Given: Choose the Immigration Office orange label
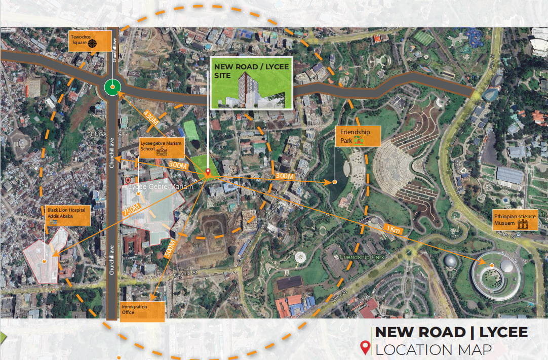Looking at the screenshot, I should tap(142, 311).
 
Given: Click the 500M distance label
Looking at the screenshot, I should tap(170, 249).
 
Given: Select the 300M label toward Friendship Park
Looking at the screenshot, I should tap(285, 176).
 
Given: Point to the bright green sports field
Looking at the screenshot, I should tap(191, 130).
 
